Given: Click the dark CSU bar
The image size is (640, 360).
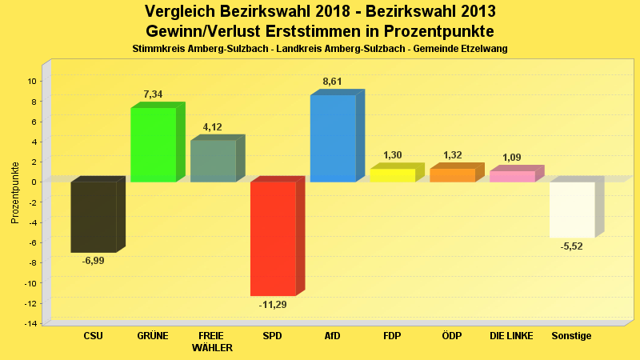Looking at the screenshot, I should coord(94,217).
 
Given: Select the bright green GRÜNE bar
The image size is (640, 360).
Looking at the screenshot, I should coord(153,144).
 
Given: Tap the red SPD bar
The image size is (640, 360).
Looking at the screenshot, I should coord(273,238).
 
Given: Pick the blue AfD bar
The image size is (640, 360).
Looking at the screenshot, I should coord(333,138).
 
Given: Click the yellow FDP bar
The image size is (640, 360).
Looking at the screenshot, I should coord(392,175).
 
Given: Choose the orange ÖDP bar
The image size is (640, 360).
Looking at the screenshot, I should coord(452,175).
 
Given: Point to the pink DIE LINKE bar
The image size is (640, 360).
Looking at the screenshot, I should coord(512,176).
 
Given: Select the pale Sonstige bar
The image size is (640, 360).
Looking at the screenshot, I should coord(572,210).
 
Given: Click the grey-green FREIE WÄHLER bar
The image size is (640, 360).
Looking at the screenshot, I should coord(213,161).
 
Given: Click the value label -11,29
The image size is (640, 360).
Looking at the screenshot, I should coord(273,305).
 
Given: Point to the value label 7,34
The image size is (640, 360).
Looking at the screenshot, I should coord(153,94).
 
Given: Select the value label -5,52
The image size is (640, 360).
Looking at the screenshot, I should coord(572,246).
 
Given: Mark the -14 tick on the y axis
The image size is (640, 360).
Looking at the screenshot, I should coord(30,323).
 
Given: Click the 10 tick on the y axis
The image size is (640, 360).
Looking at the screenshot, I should coord(32,81).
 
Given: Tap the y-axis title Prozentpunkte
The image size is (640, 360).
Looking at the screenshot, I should coord(14,192).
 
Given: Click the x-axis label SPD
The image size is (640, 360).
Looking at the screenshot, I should coord(273,336).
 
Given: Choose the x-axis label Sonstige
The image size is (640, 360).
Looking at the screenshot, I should coord(572,336).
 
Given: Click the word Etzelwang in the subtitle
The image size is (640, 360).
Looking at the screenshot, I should coord(483,49).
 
